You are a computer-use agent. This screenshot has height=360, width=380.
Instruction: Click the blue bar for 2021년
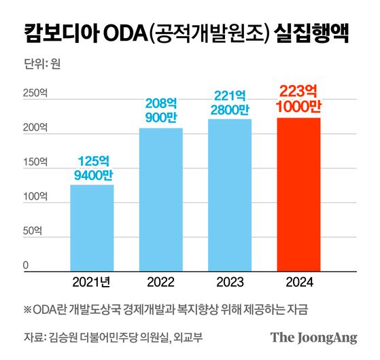click(92, 228)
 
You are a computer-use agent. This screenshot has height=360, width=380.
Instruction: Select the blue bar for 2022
click(161, 200)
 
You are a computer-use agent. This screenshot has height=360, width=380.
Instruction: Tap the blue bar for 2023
click(230, 195)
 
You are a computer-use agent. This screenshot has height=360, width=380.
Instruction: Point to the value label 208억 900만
click(161, 111)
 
